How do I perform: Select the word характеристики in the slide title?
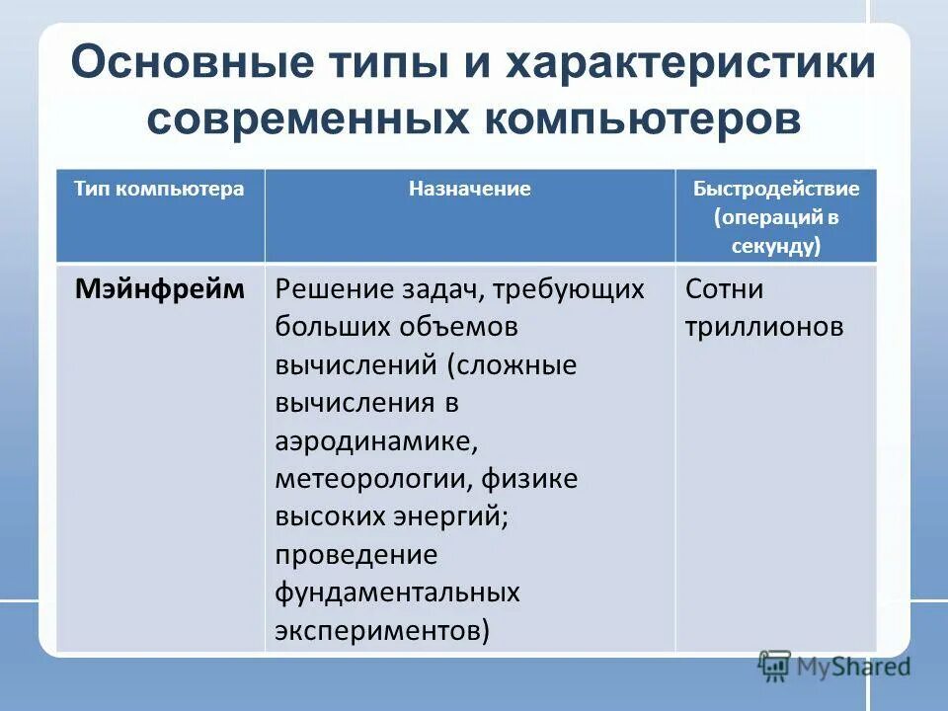[x=691, y=64]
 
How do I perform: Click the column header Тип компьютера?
[x=159, y=189]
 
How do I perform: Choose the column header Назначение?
[x=470, y=189]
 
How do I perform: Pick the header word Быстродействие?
[x=776, y=189]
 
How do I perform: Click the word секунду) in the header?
[x=776, y=246]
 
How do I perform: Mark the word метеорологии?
[x=375, y=480]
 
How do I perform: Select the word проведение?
[x=355, y=555]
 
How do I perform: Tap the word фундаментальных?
[x=397, y=592]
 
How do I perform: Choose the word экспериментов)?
[x=382, y=630]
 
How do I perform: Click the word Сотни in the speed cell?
[x=724, y=289]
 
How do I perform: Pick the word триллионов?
[x=763, y=327]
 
